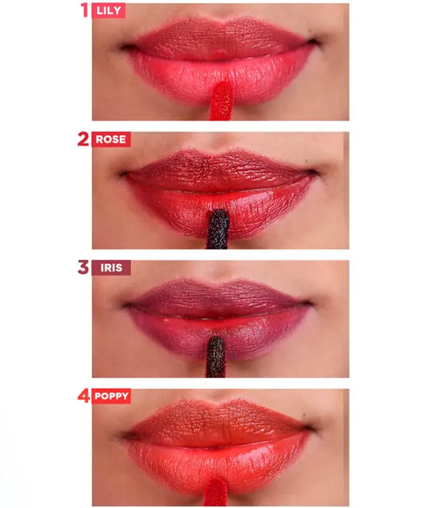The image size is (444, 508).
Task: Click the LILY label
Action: (108, 11)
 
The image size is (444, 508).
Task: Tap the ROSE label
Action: (111, 139)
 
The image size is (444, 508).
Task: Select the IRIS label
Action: (112, 267)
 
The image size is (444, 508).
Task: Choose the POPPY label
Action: (112, 396)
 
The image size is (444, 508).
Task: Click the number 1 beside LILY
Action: (84, 10)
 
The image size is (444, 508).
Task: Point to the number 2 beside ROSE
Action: (83, 139)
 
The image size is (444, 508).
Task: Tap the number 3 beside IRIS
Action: (83, 267)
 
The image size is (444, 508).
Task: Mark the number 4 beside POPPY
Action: (84, 396)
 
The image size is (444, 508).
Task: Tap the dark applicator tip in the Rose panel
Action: (218, 229)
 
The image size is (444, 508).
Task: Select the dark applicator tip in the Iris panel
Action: (216, 357)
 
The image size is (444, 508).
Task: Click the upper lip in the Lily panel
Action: (220, 38)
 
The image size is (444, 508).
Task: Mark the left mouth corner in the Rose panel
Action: (123, 174)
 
